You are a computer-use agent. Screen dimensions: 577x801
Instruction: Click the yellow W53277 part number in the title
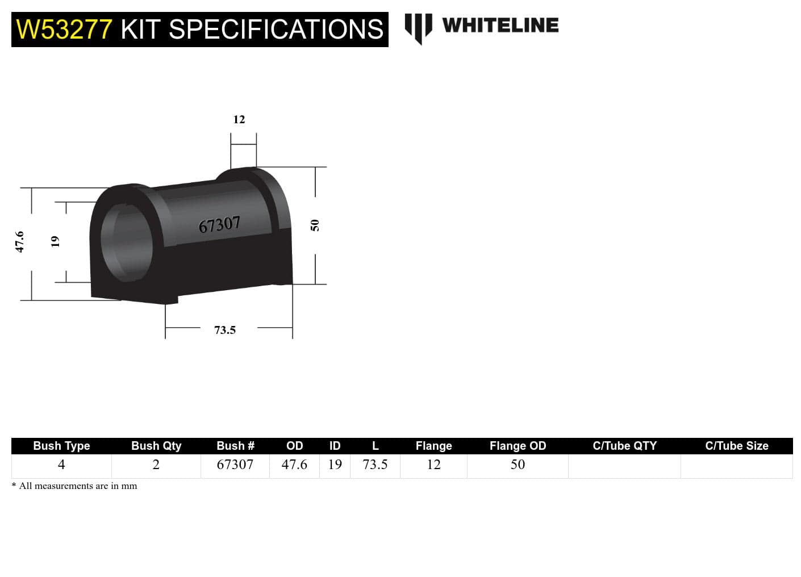pos(64,30)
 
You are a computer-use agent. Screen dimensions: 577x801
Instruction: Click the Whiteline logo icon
pos(418,27)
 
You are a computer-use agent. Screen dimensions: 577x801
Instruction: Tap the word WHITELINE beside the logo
pos(500,26)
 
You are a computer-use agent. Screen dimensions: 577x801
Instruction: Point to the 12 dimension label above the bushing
pos(239,119)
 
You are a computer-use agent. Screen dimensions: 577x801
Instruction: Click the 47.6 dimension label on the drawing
pos(20,242)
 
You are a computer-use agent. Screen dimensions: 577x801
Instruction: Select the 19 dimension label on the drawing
pos(55,241)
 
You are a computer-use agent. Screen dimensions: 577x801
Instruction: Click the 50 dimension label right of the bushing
pos(315,225)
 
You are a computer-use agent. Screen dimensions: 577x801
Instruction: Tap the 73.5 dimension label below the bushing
pos(225,330)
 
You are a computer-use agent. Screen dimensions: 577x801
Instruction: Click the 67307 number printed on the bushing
pos(219,225)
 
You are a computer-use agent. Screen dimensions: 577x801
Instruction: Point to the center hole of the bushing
pos(127,241)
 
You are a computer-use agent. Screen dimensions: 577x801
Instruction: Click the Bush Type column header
pos(61,446)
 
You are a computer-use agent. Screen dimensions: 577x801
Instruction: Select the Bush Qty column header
pos(156,446)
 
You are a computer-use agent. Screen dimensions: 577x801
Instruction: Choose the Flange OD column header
pos(518,446)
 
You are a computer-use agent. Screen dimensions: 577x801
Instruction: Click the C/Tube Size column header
pos(736,446)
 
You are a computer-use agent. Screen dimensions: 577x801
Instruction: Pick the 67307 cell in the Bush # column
pos(235,465)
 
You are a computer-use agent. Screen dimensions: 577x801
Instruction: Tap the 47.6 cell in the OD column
pos(294,465)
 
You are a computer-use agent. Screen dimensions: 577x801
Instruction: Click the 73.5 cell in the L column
pos(375,465)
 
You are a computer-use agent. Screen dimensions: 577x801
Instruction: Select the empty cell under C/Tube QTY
pos(624,466)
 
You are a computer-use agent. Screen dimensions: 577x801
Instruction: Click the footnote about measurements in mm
pos(74,486)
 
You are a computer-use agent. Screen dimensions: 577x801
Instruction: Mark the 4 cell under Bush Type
pos(61,465)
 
